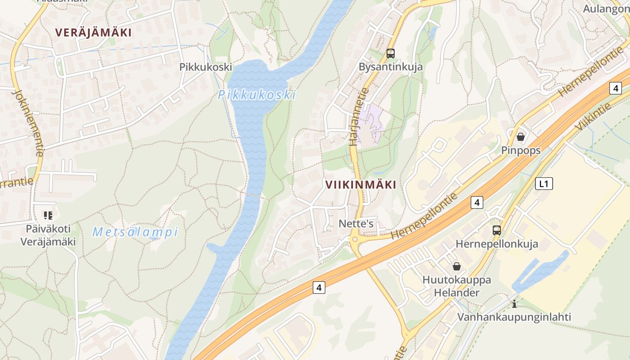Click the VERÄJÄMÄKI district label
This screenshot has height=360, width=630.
[x=93, y=32]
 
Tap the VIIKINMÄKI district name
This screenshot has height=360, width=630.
[x=360, y=184]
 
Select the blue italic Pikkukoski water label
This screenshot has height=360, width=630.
[x=257, y=95]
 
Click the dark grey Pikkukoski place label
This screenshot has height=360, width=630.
[x=206, y=67]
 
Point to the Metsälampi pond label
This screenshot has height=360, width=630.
[x=135, y=232]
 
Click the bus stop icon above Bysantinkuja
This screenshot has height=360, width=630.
[x=390, y=54]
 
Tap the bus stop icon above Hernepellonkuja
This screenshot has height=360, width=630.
[x=496, y=230]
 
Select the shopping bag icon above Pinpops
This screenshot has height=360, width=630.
[x=521, y=136]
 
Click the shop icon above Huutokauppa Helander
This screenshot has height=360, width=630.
[x=456, y=266]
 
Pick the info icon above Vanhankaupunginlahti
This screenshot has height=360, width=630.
[x=514, y=304]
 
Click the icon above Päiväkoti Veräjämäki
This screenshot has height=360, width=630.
[x=48, y=216]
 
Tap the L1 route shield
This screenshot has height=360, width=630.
[x=544, y=184]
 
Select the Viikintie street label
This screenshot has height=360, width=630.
[x=593, y=117]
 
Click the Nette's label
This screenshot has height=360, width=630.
[x=356, y=224]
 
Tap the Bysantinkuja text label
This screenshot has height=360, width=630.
[x=390, y=67]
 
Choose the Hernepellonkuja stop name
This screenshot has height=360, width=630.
[x=496, y=244]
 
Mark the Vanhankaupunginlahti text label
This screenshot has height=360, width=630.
[x=514, y=317]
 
